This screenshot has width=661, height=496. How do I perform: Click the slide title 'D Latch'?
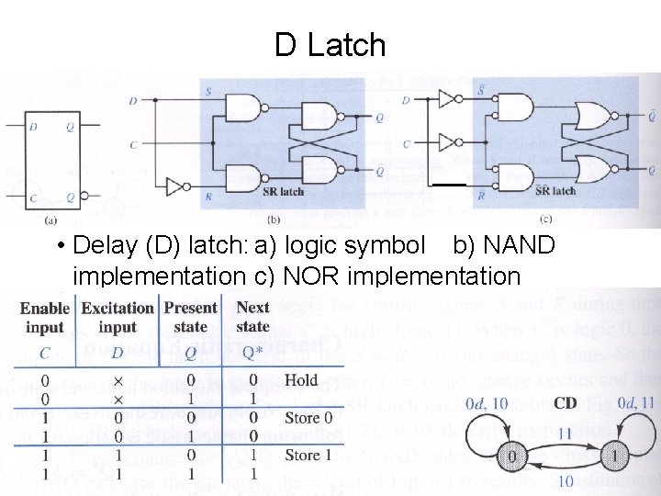coord(330,44)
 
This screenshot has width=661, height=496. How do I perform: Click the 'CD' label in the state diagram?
coord(565,403)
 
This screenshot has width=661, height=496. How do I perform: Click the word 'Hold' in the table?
coord(301,379)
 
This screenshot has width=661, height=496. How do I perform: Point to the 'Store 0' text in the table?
coord(302,418)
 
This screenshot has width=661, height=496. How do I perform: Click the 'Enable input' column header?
coord(45,318)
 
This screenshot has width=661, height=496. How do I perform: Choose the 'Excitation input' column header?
coord(118,318)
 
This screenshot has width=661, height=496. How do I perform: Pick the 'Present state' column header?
coord(190,317)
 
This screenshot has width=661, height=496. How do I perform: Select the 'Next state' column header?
coord(252,317)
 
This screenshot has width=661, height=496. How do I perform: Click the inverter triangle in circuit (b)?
coord(176,187)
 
